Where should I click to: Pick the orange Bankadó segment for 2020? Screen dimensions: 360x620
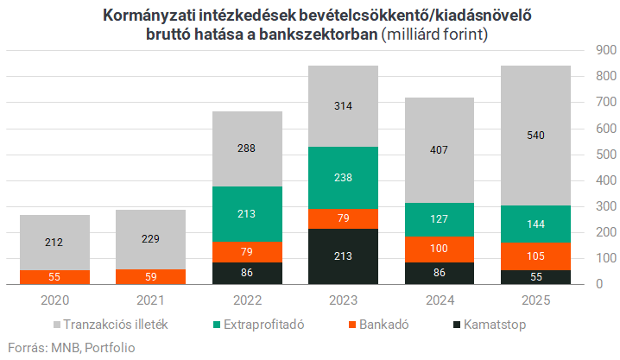(54, 277)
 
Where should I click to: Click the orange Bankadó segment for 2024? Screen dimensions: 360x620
(439, 249)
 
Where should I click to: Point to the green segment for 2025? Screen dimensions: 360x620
(535, 224)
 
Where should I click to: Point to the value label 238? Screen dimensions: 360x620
(343, 177)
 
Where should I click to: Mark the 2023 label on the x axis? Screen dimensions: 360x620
(343, 301)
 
